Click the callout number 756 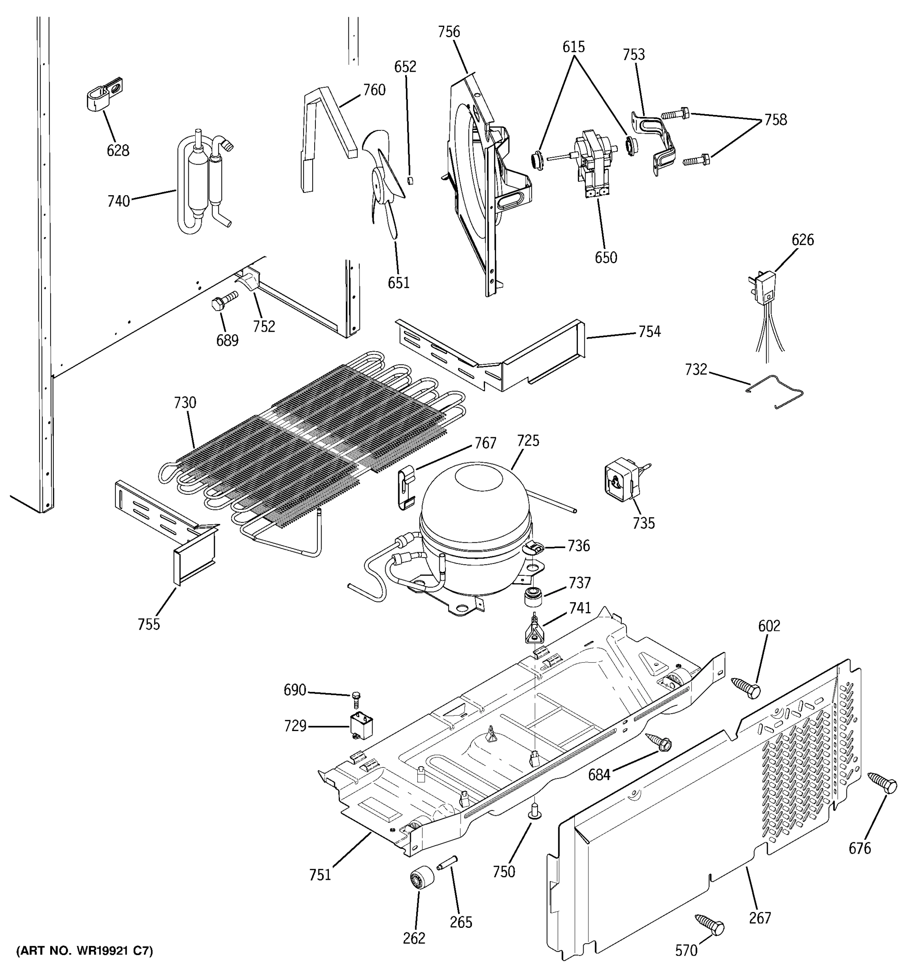[449, 32]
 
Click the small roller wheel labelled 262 [421, 878]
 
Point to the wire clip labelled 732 [775, 392]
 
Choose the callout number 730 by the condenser [185, 403]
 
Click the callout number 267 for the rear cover [760, 918]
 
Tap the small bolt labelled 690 [357, 698]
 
